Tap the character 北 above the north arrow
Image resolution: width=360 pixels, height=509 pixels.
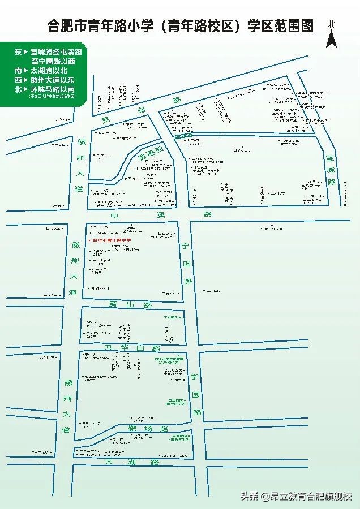[332, 24]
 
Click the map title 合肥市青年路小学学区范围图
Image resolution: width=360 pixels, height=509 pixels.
[181, 26]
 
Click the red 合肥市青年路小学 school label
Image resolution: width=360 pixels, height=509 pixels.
[110, 240]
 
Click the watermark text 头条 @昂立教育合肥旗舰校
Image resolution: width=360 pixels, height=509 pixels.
[297, 497]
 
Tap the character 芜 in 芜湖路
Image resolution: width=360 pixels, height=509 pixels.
[104, 119]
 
